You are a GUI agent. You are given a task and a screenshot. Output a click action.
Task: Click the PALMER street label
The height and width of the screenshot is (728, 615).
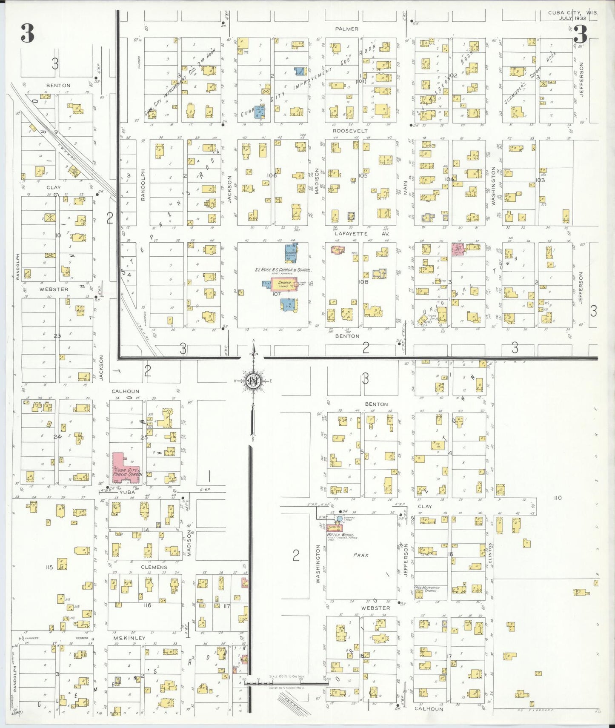click(346, 29)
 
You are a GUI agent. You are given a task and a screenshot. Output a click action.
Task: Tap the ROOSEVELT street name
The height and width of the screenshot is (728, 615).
click(350, 131)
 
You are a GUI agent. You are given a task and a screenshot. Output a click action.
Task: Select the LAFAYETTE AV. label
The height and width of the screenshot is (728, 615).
click(351, 234)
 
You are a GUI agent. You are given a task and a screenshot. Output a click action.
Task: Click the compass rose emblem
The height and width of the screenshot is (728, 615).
click(254, 380)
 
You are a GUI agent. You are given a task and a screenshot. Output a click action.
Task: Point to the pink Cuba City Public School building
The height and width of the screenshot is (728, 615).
click(125, 468)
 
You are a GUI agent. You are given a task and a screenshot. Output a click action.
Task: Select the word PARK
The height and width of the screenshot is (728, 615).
click(361, 555)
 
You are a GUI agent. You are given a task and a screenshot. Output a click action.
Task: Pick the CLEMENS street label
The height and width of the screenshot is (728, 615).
click(154, 567)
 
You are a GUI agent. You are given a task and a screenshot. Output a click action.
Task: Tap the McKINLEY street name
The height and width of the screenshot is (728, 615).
click(129, 638)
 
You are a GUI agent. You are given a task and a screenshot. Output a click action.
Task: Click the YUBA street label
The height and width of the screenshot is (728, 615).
click(127, 492)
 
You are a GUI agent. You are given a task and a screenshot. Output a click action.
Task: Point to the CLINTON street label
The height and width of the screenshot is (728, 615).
click(490, 553)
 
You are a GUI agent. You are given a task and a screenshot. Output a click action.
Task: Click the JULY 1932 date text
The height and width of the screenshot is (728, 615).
click(572, 18)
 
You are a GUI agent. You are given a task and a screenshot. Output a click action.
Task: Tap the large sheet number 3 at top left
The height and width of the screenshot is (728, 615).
click(27, 33)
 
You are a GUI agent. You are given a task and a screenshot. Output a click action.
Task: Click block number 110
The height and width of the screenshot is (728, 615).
click(558, 498)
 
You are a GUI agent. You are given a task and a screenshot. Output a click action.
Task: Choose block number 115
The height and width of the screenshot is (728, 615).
click(49, 567)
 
